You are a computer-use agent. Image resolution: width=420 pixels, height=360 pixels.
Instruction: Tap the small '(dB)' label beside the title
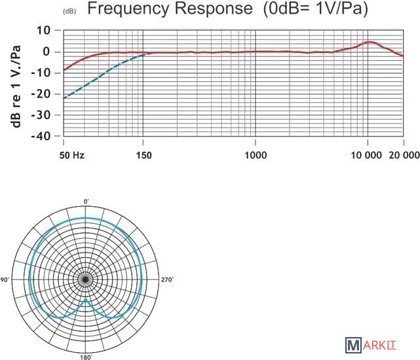(69, 12)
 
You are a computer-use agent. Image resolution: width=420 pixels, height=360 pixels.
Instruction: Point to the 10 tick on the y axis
(43, 30)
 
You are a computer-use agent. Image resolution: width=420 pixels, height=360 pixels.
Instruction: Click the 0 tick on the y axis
(47, 52)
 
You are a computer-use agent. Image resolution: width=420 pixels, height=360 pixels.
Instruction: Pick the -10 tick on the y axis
(42, 73)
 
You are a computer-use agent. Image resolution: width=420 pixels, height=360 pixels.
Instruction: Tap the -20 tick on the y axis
(42, 94)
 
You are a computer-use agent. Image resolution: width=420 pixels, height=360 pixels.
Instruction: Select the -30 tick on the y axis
(42, 115)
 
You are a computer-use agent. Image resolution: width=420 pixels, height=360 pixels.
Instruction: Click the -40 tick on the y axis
(42, 136)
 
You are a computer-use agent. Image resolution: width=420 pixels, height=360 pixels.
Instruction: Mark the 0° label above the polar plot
(85, 201)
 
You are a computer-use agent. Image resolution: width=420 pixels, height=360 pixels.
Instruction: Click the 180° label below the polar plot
(85, 357)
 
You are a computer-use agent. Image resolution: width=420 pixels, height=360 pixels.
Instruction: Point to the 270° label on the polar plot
(166, 279)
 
